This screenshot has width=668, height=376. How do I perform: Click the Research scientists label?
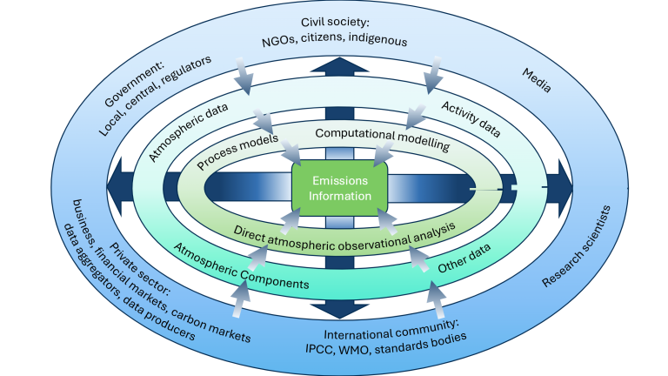tap(578, 247)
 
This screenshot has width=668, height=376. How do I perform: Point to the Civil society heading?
tap(336, 21)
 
